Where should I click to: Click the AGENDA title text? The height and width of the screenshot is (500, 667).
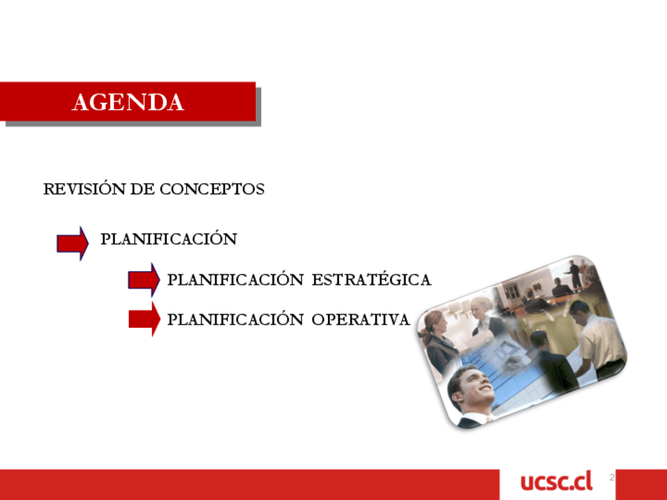coord(127,102)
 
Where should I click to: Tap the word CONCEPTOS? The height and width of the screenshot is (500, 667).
coord(212,189)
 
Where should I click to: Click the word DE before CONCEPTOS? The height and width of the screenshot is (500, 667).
coord(142,189)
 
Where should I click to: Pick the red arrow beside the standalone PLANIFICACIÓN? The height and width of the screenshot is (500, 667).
coord(72,243)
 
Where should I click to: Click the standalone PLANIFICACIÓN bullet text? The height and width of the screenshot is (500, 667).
coord(169,238)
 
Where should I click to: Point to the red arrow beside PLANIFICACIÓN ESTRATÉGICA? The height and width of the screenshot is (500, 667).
coord(144,280)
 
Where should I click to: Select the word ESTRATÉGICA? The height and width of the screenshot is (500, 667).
coord(371,279)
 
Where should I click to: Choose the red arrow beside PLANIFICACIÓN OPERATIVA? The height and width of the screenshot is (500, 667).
coord(144,319)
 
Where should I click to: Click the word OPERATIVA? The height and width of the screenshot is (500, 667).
coord(360,319)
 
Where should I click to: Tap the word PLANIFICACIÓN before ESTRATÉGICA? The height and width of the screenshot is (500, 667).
coord(236,279)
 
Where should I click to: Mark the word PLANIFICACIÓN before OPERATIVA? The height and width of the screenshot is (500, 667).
coord(236,319)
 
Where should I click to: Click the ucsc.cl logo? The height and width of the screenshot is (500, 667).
coord(556,482)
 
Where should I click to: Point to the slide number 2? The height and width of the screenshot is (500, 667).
coord(612,477)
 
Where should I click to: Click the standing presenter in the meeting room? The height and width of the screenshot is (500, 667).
coord(574,274)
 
